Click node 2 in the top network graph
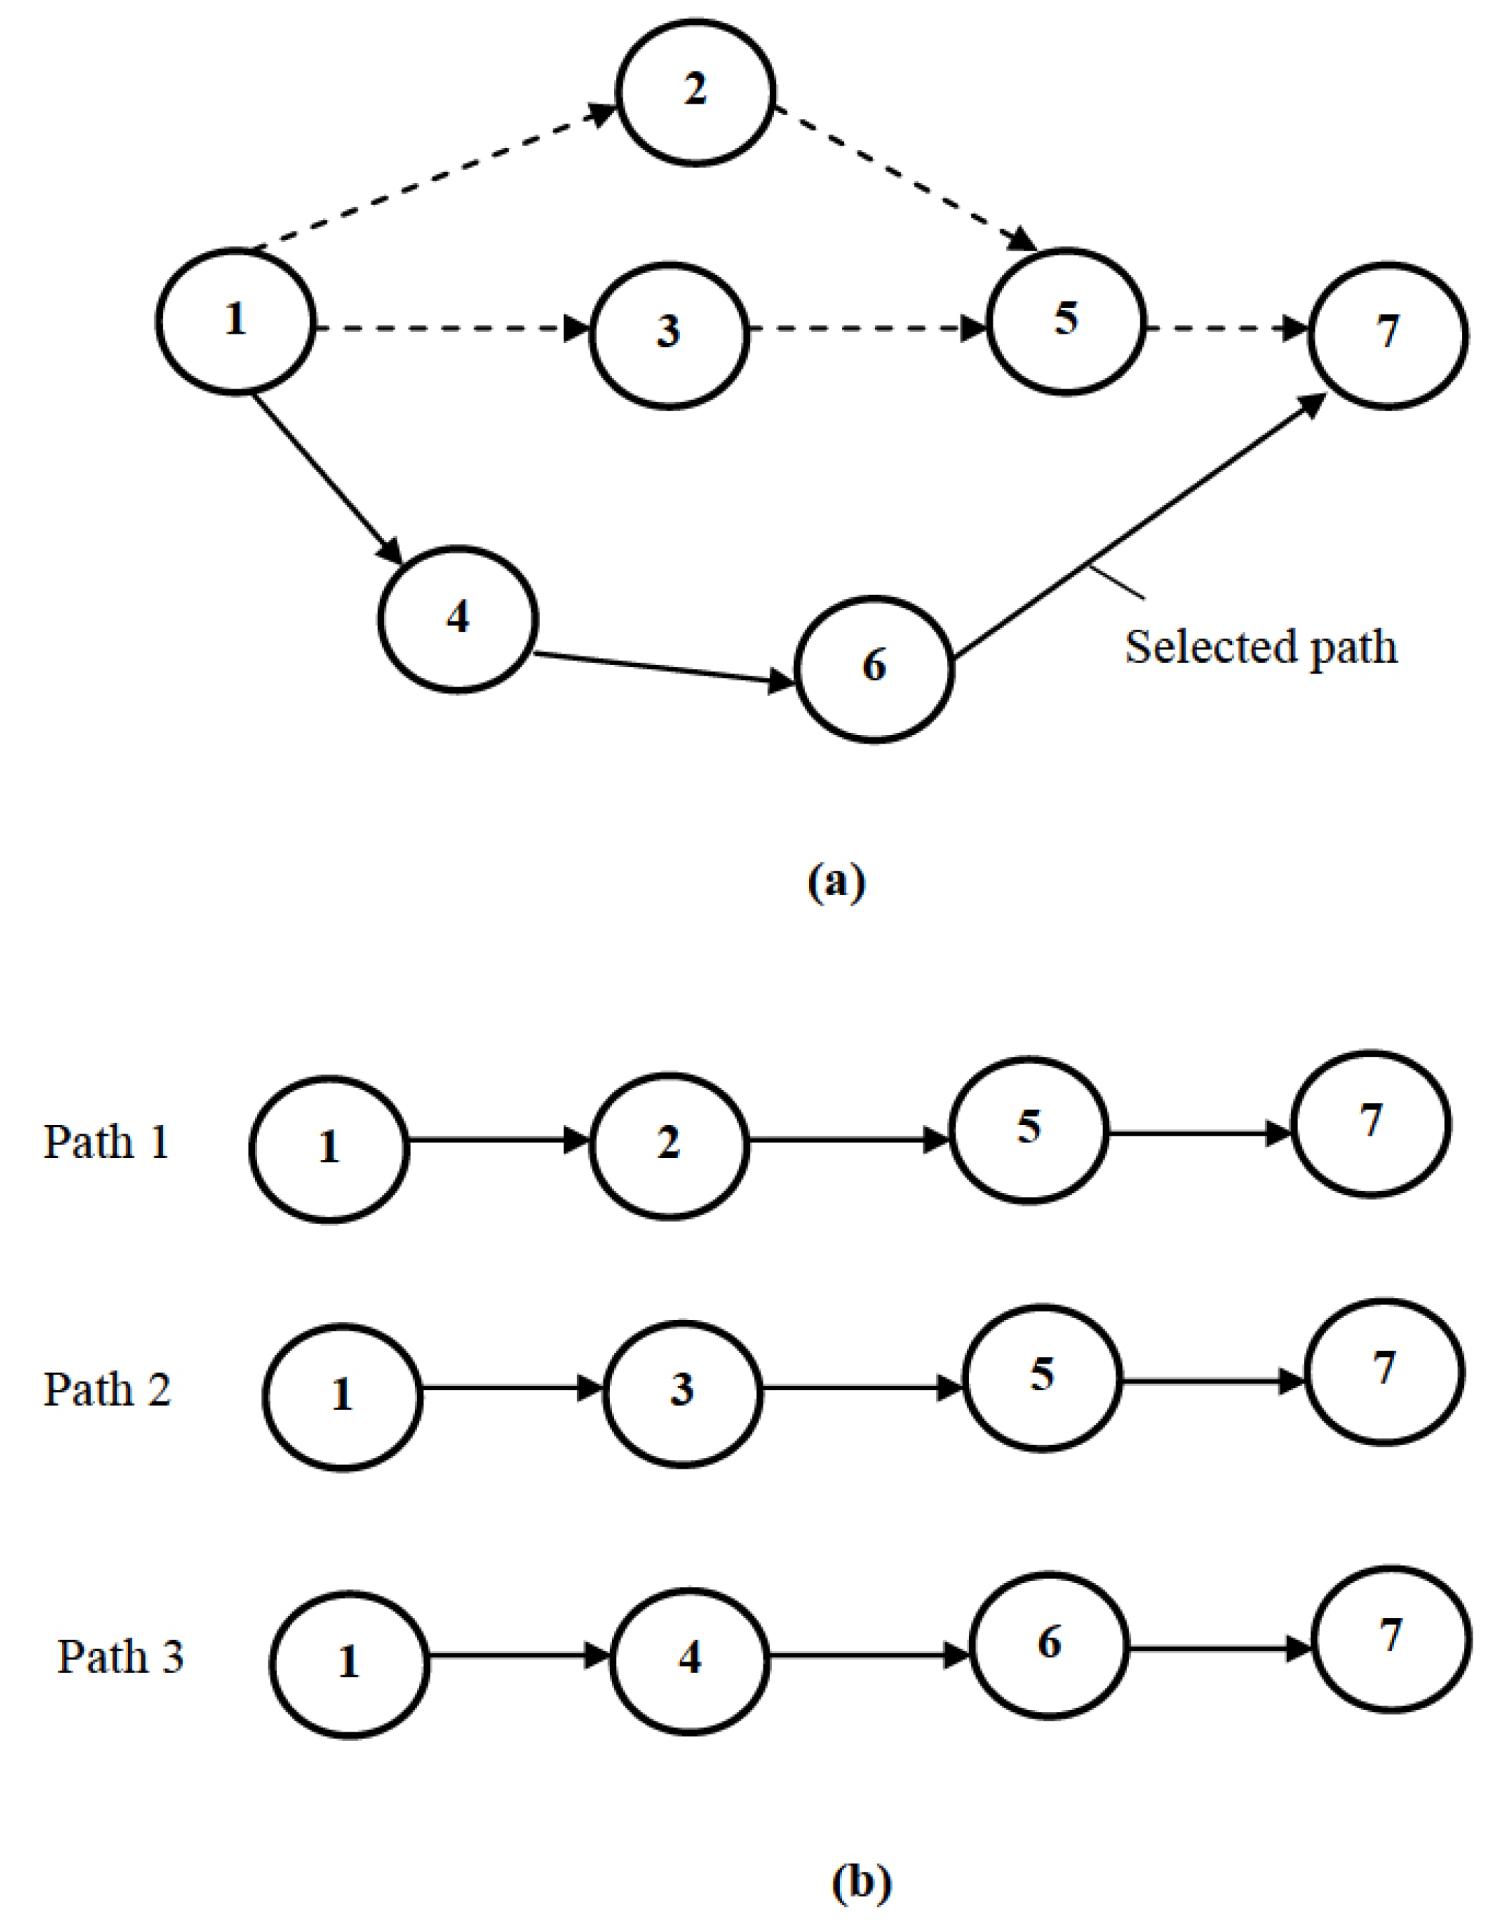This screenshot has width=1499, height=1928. pos(696,92)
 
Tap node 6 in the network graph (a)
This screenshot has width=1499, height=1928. pos(874,669)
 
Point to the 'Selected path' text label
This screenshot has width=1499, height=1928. pos(1260,646)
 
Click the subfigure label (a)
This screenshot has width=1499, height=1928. pos(837,881)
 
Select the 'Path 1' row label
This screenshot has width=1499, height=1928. pos(106,1142)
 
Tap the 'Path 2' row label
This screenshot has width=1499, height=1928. pos(107,1389)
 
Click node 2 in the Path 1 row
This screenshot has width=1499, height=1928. pos(668,1146)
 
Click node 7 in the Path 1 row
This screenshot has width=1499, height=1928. pos(1370,1123)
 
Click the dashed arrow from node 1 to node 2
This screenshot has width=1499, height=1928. pos(423,181)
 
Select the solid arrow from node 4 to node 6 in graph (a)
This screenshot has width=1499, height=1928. pos(662,667)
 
